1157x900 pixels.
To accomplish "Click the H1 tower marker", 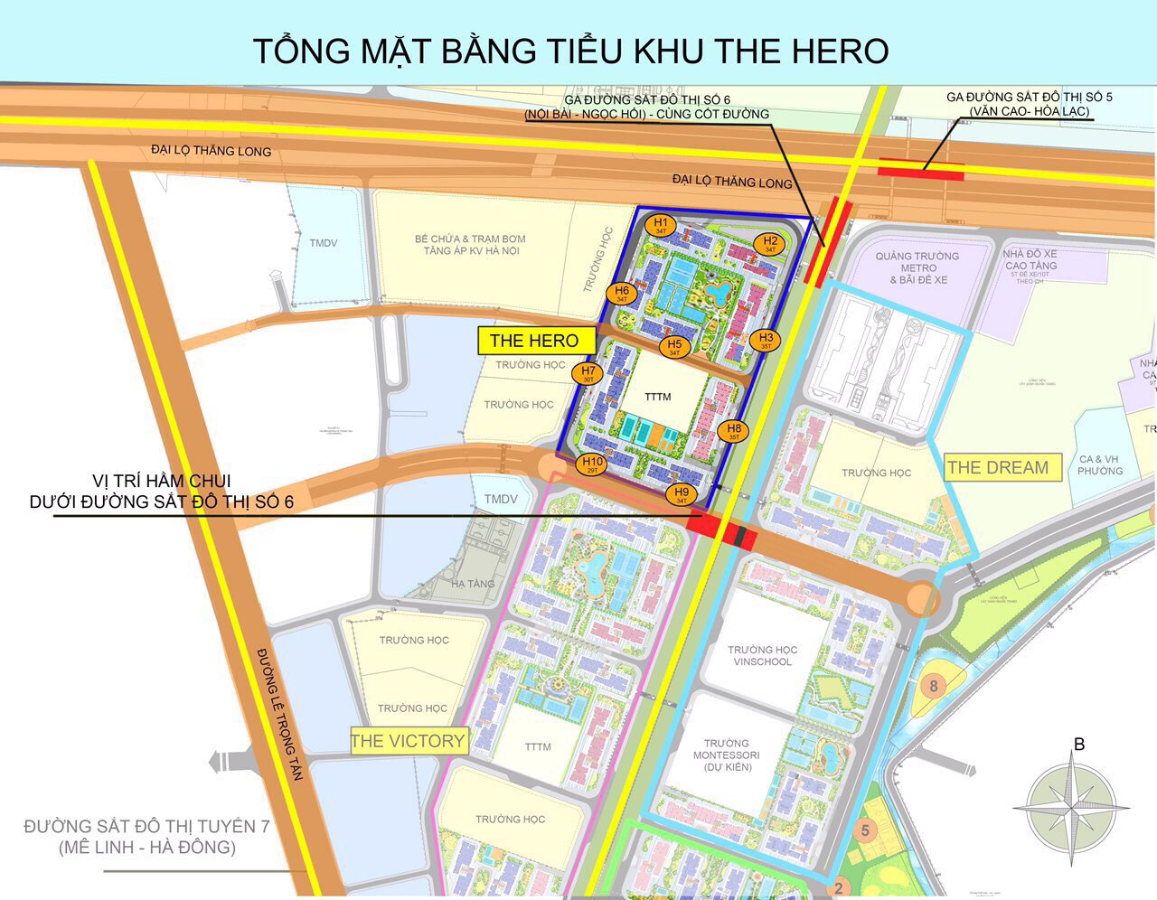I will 661,225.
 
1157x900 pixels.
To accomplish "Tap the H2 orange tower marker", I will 770,243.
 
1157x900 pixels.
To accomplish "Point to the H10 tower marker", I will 591,465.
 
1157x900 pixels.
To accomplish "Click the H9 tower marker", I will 682,494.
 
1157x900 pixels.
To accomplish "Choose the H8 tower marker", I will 734,431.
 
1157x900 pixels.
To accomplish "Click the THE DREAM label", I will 998,468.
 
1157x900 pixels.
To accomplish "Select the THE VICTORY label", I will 408,742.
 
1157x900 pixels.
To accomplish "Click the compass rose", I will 1071,803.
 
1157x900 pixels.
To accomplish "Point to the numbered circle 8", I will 934,686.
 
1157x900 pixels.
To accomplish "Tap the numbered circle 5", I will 865,830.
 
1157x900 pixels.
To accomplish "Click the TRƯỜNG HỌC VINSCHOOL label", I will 762,656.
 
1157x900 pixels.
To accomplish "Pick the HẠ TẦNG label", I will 473,584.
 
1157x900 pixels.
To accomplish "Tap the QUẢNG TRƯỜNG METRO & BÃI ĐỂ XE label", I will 917,268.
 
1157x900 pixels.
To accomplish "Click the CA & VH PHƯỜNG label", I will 1100,465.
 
